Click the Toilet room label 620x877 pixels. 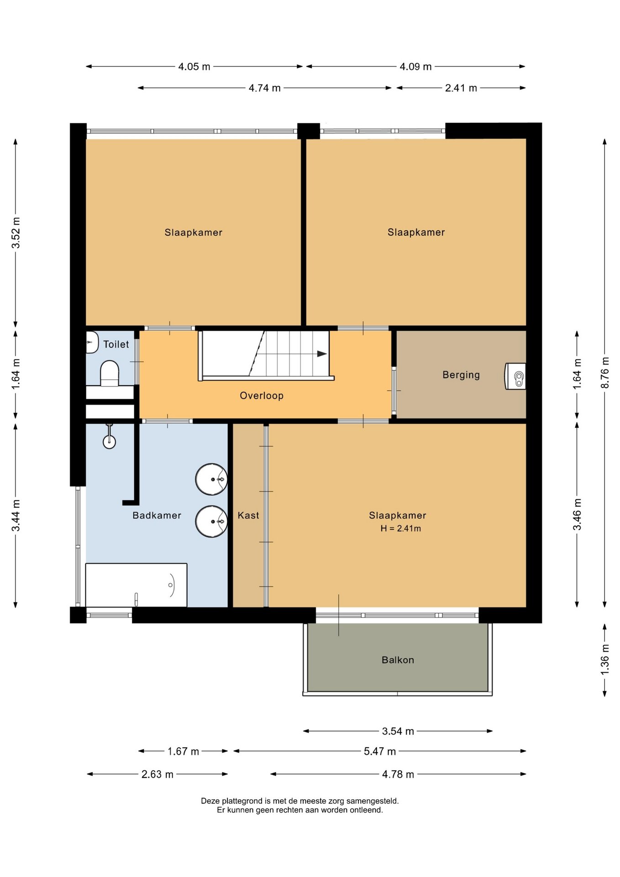tap(116, 344)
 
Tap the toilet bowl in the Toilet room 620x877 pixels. tap(110, 373)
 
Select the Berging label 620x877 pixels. tap(461, 375)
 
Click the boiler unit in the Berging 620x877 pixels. tap(515, 376)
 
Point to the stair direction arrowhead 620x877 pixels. tap(322, 354)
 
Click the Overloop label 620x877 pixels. tap(262, 396)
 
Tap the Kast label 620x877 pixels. tap(248, 515)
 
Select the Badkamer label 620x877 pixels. tap(157, 515)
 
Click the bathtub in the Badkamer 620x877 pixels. tap(137, 585)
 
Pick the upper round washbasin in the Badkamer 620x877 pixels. tap(211, 479)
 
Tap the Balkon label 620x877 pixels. tap(398, 660)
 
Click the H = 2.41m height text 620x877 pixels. tap(401, 528)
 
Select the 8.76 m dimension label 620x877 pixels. tap(605, 372)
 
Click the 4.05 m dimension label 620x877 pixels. tap(194, 67)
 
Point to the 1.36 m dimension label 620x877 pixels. tap(605, 660)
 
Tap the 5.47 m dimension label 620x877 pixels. tap(380, 751)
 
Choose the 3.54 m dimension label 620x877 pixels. tap(398, 731)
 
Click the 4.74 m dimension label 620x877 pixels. tap(264, 88)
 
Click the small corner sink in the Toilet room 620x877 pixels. tap(92, 342)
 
